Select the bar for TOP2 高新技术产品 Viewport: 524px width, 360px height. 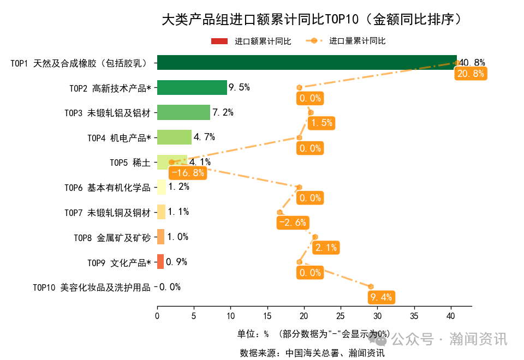[x=192, y=87]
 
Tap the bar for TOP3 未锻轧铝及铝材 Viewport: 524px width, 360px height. [x=183, y=112]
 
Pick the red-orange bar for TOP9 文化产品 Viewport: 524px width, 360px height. [x=160, y=262]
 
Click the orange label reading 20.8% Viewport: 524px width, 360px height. [x=470, y=74]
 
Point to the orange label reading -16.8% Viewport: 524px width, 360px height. [x=187, y=173]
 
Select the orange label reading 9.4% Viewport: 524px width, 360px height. [x=381, y=297]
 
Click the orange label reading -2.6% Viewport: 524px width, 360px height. [x=292, y=223]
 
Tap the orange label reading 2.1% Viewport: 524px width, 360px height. [x=326, y=248]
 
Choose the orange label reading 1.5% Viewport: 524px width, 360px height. [x=321, y=123]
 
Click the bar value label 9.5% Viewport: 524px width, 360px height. [x=239, y=87]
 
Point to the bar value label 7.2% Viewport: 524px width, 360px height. [x=223, y=112]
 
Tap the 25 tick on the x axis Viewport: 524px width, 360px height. [x=341, y=315]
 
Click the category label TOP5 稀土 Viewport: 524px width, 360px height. [x=130, y=163]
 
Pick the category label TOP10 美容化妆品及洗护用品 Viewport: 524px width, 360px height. [x=91, y=287]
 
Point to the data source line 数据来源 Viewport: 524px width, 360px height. [x=312, y=353]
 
